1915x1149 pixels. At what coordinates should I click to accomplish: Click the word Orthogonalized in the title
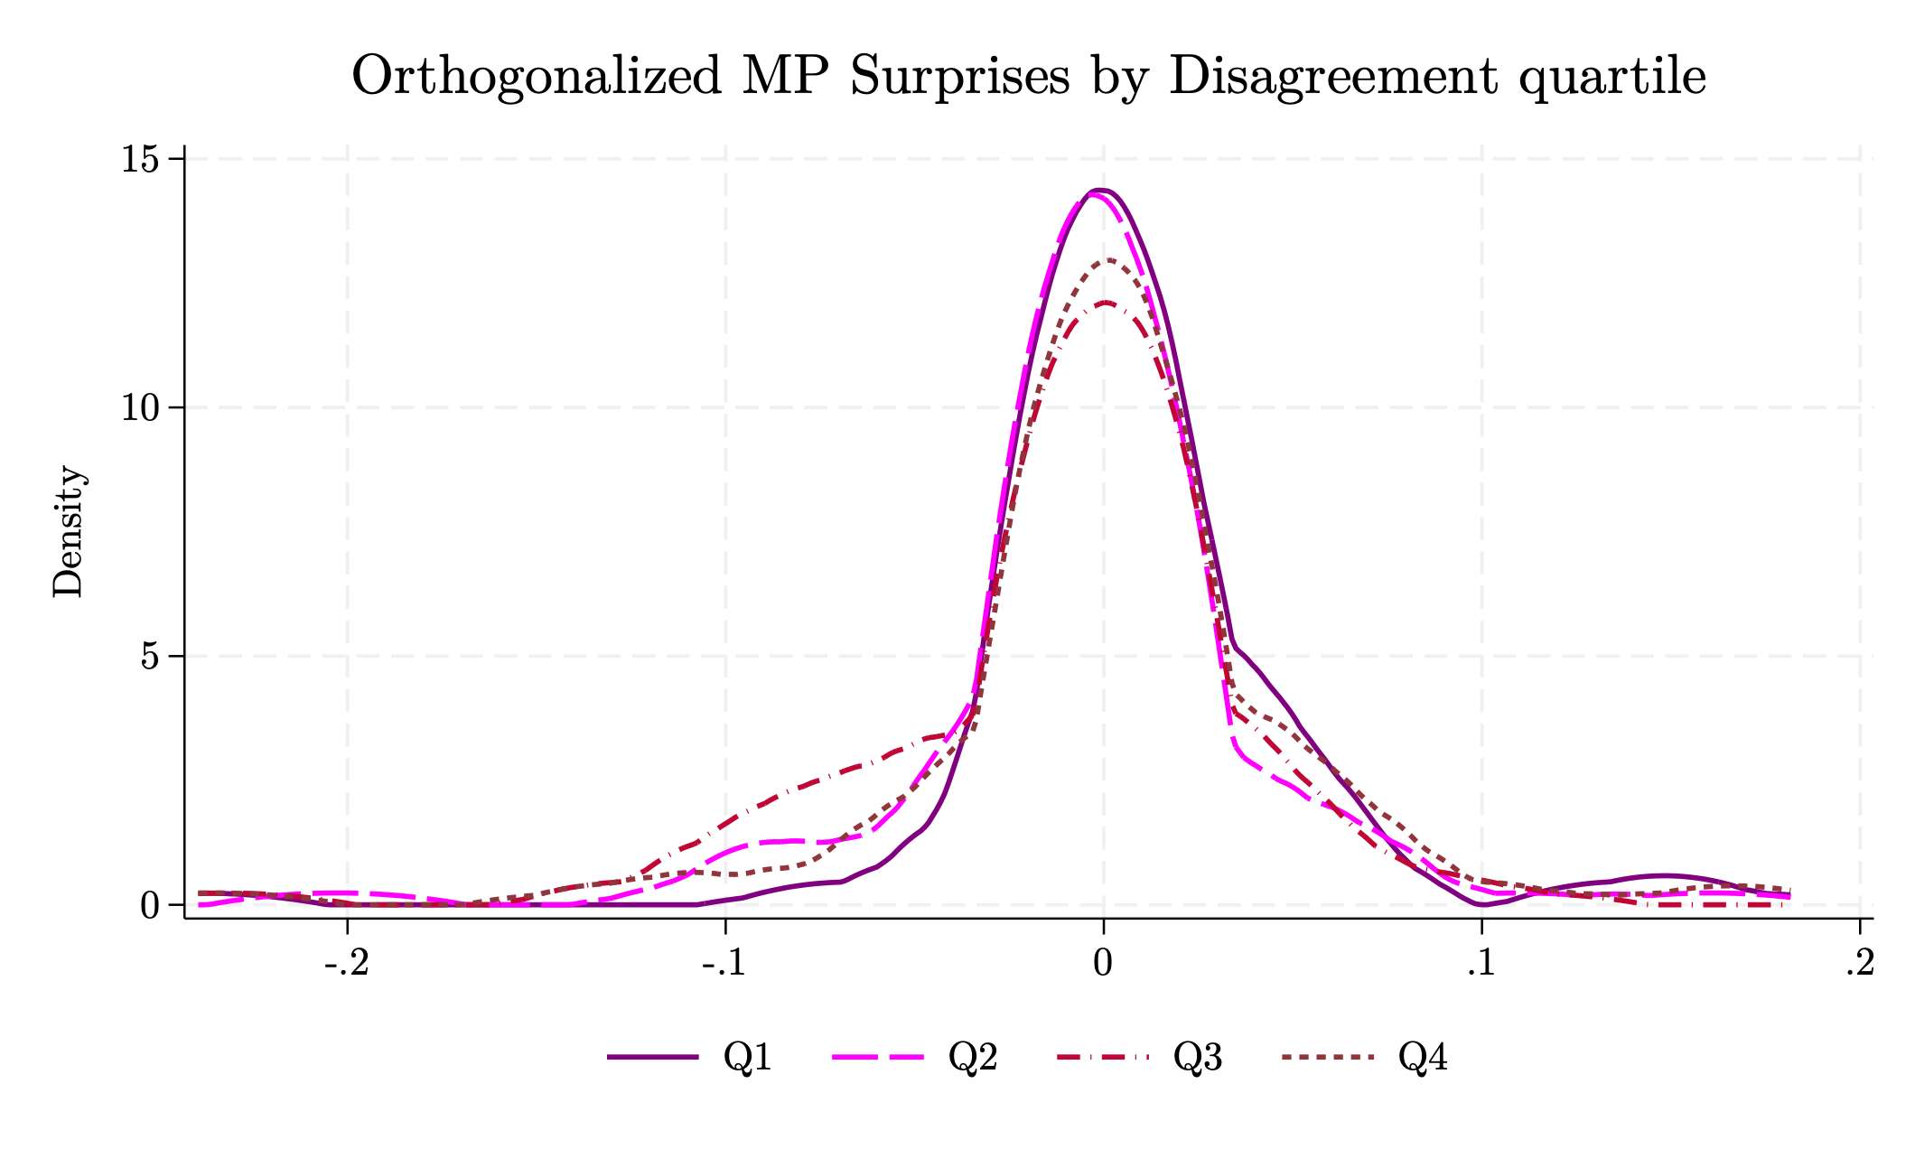(537, 76)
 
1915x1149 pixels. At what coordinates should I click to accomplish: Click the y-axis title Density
(68, 531)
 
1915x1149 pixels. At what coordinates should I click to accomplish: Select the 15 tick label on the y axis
(139, 159)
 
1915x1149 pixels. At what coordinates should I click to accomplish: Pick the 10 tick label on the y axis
(139, 407)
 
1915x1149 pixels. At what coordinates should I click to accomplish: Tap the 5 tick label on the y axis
(149, 656)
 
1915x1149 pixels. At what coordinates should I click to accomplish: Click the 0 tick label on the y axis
(149, 905)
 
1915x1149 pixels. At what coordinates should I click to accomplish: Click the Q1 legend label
(747, 1057)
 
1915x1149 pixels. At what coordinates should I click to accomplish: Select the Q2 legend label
(972, 1057)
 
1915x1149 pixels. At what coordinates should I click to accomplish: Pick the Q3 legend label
(1197, 1057)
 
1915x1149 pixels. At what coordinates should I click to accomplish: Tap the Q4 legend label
(1422, 1057)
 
